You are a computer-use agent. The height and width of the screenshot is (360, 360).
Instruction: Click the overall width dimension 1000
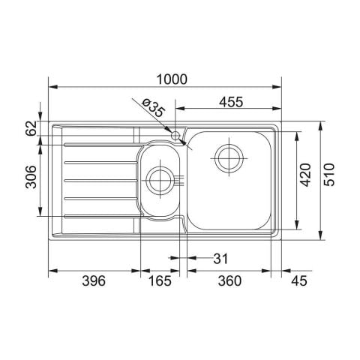tap(172, 79)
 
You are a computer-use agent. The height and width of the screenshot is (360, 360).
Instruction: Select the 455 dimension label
tap(231, 102)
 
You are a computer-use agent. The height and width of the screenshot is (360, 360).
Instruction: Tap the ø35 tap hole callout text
tap(153, 108)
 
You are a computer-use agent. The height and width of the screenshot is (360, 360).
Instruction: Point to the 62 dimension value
tap(31, 128)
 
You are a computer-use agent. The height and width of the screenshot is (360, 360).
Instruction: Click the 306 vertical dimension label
tap(31, 177)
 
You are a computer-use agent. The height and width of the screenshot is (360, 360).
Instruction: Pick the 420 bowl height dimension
tap(305, 175)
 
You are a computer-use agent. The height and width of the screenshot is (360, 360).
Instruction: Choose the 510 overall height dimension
tap(328, 175)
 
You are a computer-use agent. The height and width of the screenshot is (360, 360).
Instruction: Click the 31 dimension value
tap(220, 259)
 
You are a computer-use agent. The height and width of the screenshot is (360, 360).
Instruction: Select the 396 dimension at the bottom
tap(94, 280)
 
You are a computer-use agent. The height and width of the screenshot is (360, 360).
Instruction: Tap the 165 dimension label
tap(160, 280)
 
